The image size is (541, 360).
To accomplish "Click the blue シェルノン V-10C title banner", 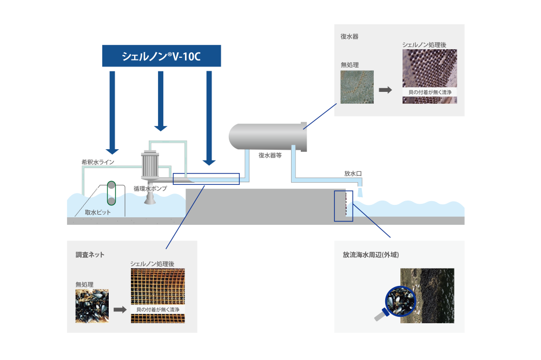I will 161,56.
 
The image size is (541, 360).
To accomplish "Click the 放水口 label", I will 352,174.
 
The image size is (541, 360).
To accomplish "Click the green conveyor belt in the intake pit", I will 111,193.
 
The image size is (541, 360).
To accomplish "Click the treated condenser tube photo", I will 430,76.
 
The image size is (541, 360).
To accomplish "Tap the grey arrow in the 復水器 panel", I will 385,90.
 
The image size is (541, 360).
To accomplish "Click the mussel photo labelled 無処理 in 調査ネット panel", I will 92,306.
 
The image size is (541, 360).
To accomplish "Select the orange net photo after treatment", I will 157,295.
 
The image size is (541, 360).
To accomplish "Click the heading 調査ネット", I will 90,254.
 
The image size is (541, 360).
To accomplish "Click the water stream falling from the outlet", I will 361,192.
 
